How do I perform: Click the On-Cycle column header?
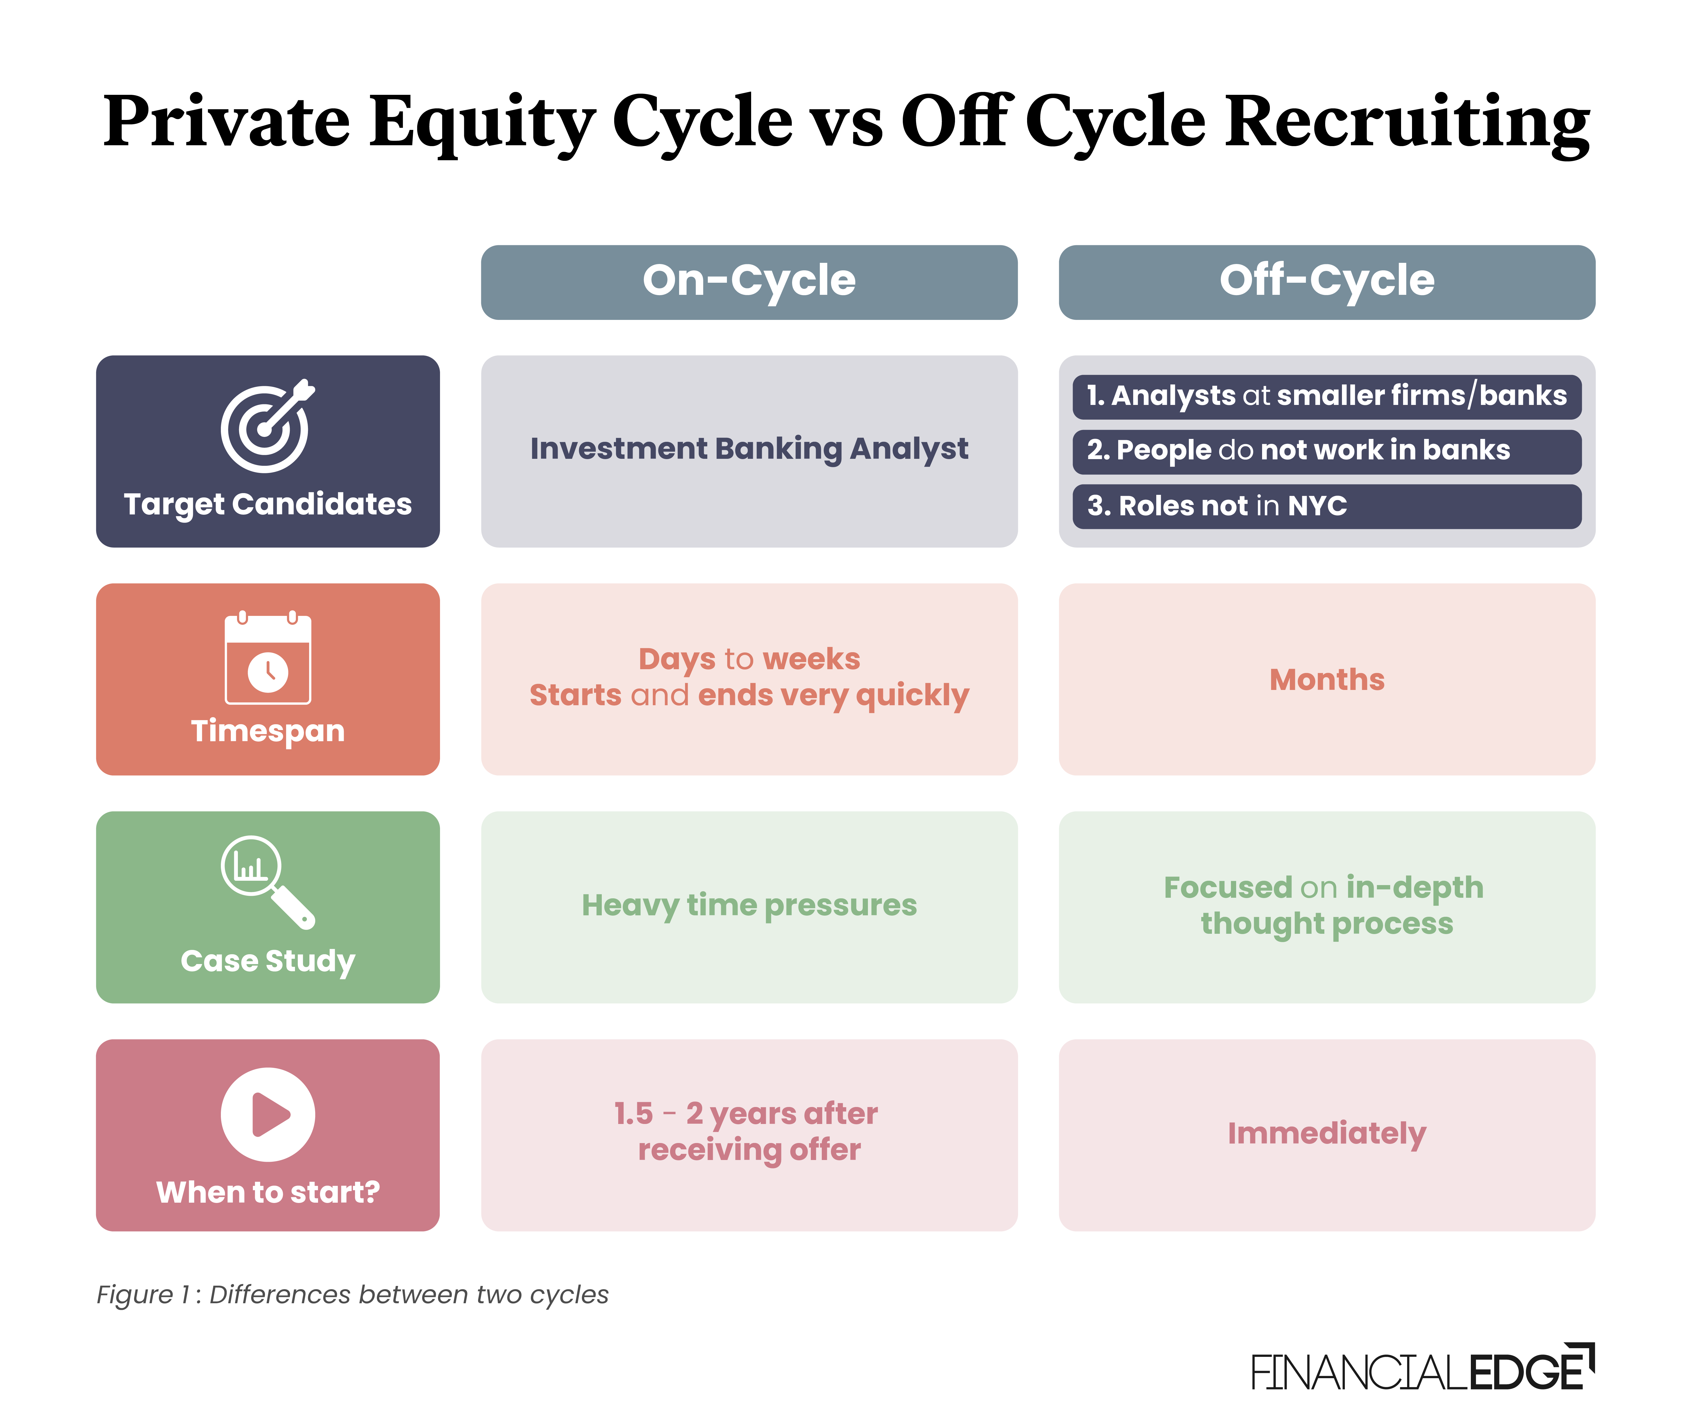tap(749, 282)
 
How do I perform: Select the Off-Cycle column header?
tap(1326, 282)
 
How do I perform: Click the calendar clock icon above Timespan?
tap(267, 659)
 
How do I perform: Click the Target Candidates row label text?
tap(267, 505)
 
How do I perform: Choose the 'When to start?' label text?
tap(267, 1192)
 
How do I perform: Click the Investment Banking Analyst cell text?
tap(749, 449)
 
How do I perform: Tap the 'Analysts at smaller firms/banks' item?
tap(1326, 395)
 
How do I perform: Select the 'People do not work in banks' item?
tap(1298, 450)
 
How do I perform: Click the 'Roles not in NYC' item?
tap(1216, 506)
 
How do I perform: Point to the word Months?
tap(1326, 680)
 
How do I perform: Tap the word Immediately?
tap(1326, 1133)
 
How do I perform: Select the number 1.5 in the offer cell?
tap(633, 1114)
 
